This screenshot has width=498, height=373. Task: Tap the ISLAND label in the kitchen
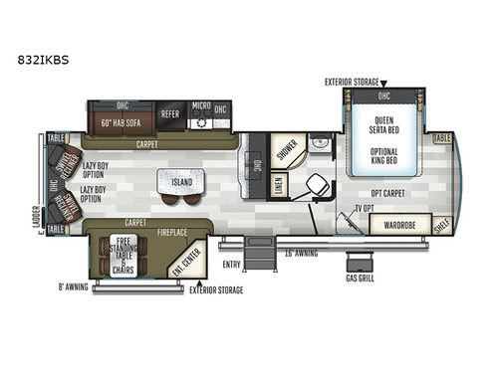coord(180,182)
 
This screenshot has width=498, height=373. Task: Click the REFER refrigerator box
coord(171,113)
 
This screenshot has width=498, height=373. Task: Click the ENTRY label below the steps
coord(232,264)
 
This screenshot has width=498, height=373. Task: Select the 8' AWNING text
coord(74,289)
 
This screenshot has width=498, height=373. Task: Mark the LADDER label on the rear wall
coord(37,236)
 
